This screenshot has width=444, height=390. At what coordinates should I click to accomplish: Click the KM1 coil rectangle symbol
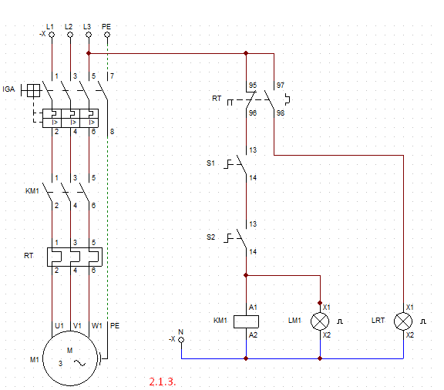(246, 321)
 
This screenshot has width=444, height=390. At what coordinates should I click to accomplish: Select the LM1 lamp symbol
(320, 321)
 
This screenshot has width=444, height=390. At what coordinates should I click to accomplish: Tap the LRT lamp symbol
(403, 321)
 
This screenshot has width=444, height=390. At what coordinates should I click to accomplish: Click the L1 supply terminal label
(50, 26)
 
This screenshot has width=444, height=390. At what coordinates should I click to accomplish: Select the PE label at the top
(106, 26)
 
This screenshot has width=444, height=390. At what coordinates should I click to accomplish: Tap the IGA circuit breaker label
(10, 90)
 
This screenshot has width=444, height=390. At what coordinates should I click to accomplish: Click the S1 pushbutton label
(211, 163)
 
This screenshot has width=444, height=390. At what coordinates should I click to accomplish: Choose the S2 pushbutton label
(211, 236)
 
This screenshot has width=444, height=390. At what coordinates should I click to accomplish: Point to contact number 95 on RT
(253, 85)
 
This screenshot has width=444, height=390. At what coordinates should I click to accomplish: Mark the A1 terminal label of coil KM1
(254, 307)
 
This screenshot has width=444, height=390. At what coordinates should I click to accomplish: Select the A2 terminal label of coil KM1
(254, 335)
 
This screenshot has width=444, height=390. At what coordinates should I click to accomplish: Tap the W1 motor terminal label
(96, 325)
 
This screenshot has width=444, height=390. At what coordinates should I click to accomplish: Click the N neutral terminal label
(181, 331)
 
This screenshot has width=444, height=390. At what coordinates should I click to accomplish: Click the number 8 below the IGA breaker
(112, 133)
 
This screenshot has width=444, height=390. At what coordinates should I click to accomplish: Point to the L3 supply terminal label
(87, 26)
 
